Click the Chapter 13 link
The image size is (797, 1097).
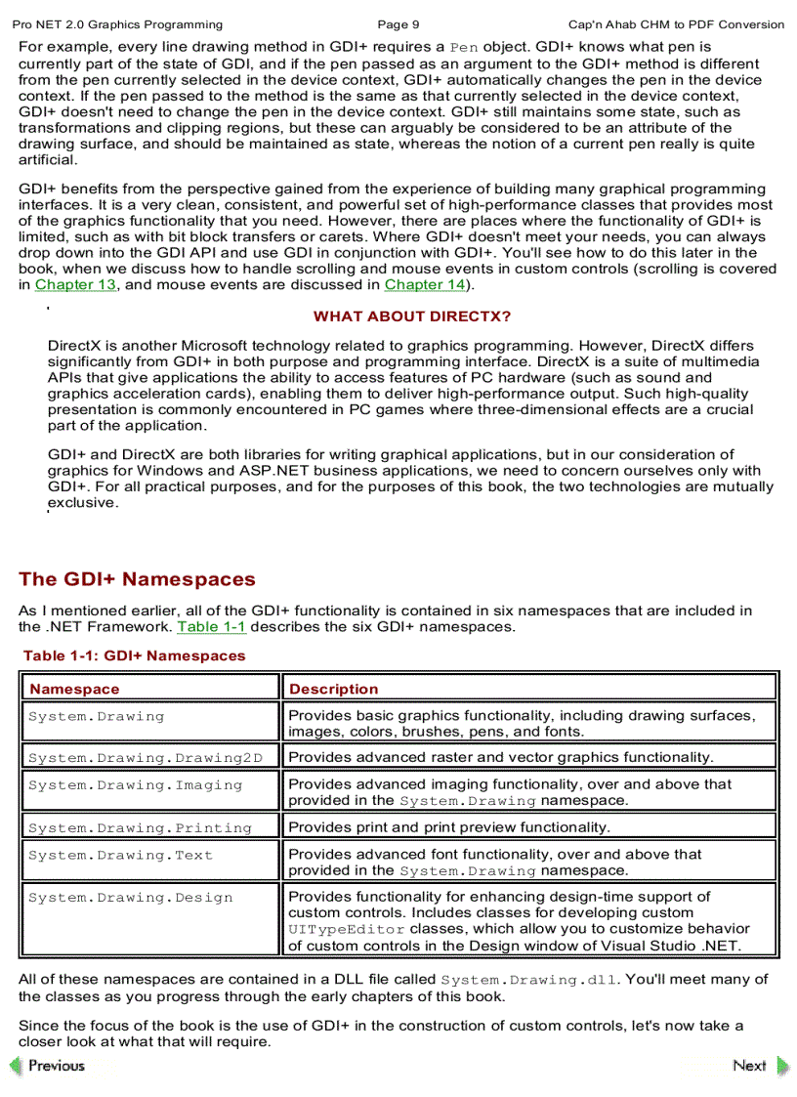point(75,285)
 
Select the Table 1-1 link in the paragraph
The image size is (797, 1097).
point(211,627)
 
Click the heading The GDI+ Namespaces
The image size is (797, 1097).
point(137,579)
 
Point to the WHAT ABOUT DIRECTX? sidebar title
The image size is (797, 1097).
point(411,316)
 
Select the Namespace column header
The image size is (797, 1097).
point(74,690)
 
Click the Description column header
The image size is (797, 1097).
point(334,690)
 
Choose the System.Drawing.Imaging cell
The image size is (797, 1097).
point(135,785)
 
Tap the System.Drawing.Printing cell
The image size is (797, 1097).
point(140,828)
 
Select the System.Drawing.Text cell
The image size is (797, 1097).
point(121,856)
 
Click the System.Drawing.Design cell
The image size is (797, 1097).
point(131,899)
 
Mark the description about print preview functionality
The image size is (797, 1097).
point(449,828)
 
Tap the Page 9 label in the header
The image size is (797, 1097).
point(398,24)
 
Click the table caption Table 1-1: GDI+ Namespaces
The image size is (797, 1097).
point(135,656)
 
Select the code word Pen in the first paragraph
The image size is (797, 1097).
point(464,47)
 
